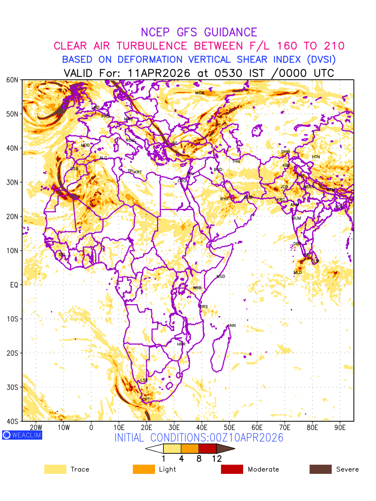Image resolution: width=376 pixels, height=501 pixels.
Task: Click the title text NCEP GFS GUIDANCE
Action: click(x=199, y=32)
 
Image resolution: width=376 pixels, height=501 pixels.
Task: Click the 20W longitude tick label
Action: click(x=36, y=428)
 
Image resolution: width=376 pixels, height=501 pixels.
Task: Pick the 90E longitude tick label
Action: click(x=340, y=428)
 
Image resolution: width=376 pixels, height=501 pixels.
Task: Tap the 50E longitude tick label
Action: click(x=229, y=428)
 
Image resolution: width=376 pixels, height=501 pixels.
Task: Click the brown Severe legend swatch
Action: click(x=320, y=469)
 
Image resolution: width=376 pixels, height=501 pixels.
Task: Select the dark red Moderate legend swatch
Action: click(x=232, y=469)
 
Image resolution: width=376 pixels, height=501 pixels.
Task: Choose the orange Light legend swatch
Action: click(x=143, y=469)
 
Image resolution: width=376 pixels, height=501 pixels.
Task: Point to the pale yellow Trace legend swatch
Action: click(x=55, y=469)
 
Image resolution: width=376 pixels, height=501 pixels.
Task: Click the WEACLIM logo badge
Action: click(x=22, y=435)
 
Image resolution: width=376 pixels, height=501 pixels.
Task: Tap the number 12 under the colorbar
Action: click(x=216, y=458)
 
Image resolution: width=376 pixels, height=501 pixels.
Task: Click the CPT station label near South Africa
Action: click(x=146, y=400)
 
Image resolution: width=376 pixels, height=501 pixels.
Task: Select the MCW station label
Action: click(x=200, y=93)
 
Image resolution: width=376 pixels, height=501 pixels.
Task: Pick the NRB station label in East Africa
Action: click(x=197, y=288)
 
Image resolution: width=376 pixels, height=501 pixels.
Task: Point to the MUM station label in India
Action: click(x=296, y=218)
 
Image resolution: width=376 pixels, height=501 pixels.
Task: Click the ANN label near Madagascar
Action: click(x=231, y=325)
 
